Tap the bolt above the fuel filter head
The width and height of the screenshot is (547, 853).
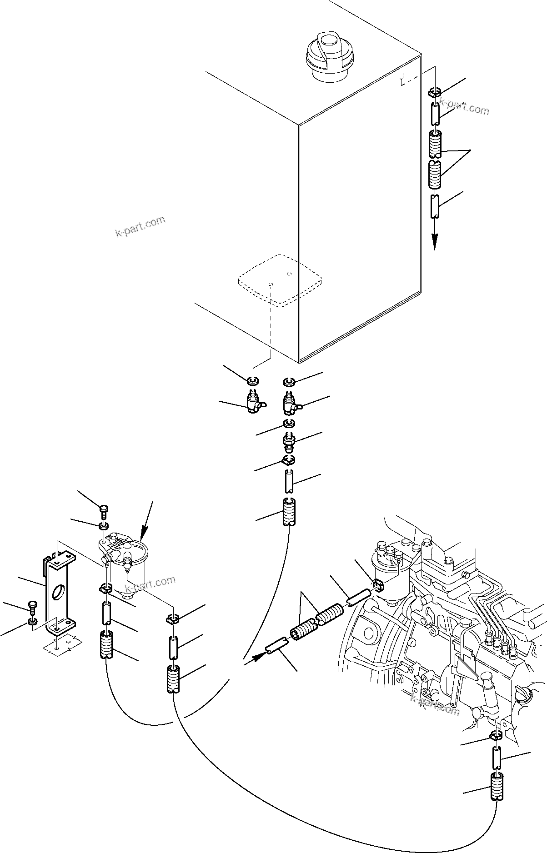click(x=104, y=512)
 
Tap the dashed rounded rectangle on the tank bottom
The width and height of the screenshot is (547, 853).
click(x=280, y=279)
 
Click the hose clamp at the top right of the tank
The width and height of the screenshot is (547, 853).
click(x=435, y=93)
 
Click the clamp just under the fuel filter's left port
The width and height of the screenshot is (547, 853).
click(x=105, y=590)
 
